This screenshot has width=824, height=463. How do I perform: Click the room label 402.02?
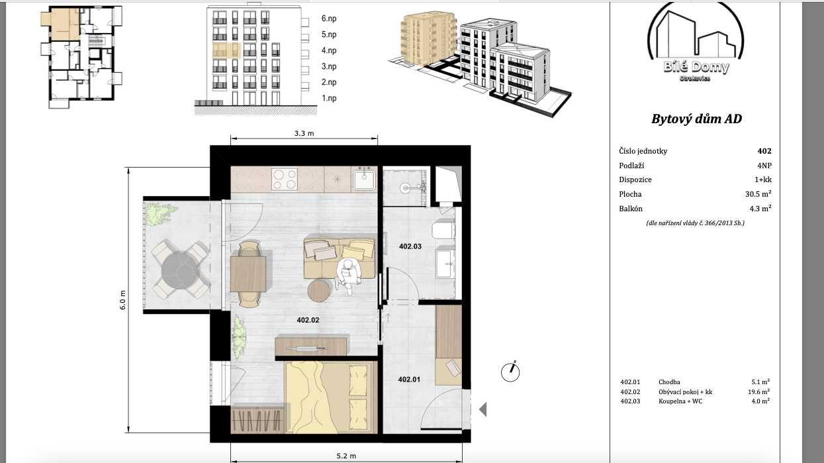pos(308,320)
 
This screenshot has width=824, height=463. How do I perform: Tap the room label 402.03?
pos(410,246)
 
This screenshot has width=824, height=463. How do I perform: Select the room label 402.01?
pos(409,380)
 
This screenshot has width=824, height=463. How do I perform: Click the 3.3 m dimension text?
pos(304,133)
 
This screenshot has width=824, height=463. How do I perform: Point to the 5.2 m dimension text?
pos(346,456)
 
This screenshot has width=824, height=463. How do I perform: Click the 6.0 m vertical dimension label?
pos(122,300)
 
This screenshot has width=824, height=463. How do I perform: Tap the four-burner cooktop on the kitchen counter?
pos(285,180)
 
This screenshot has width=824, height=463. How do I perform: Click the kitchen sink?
pos(364,179)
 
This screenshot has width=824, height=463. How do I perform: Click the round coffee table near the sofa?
pos(319,290)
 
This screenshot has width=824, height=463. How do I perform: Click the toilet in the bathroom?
pos(443,230)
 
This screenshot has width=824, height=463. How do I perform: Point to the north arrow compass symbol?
pos(510,372)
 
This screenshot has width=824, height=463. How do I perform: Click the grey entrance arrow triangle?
pos(483,409)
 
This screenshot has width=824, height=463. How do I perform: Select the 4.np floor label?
pos(329,50)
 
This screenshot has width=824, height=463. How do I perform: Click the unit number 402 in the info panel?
pos(764,151)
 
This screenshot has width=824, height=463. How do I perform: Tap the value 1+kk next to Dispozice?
pos(763,180)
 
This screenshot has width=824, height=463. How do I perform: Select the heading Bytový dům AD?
pos(696,119)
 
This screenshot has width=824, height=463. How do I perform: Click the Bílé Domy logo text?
pos(696,67)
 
